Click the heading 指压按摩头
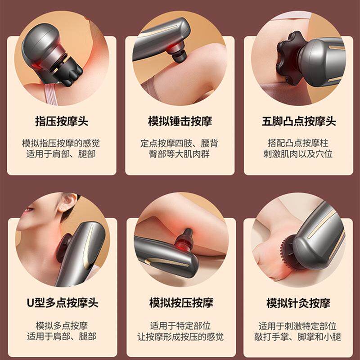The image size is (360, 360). pyautogui.click(x=62, y=121)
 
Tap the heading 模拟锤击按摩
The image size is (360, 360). pyautogui.click(x=180, y=121)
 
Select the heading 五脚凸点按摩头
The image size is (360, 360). pyautogui.click(x=299, y=121)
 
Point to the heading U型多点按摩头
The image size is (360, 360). pyautogui.click(x=62, y=302)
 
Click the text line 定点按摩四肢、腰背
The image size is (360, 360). pyautogui.click(x=180, y=144)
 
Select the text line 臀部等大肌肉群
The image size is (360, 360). pyautogui.click(x=180, y=154)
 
